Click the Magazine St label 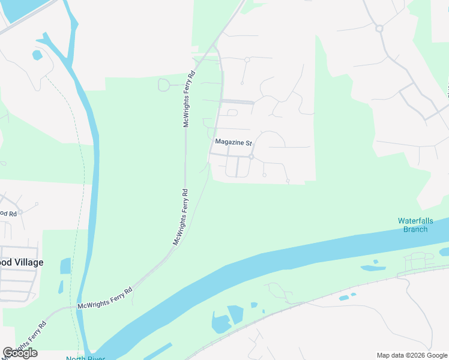[233, 142]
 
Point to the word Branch [415, 229]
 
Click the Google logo [20, 353]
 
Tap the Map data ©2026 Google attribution [411, 355]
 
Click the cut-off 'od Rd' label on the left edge [7, 213]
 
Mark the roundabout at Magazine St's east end [252, 157]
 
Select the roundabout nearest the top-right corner [379, 28]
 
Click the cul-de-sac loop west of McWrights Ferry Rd [164, 85]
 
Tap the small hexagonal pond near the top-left [37, 55]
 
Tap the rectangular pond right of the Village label [65, 266]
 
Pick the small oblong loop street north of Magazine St [232, 112]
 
